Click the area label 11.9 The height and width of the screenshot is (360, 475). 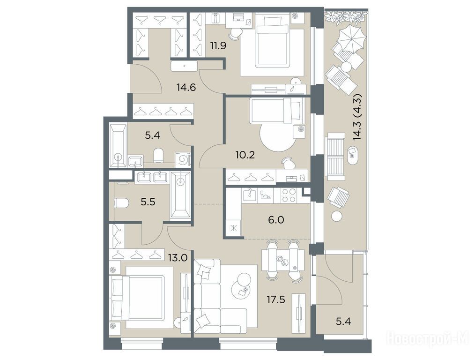(x=218, y=46)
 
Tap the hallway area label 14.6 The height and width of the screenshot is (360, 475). (x=186, y=88)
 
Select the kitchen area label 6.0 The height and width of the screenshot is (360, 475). (x=276, y=220)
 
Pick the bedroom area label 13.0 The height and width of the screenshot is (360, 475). (x=178, y=258)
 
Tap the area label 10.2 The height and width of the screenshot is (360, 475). (x=245, y=155)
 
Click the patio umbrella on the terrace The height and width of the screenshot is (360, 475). (x=351, y=38)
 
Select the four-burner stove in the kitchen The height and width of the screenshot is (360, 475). (x=289, y=195)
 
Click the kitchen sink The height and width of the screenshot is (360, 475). (x=249, y=195)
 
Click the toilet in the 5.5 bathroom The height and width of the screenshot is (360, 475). (x=121, y=202)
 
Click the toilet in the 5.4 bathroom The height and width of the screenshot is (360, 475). (x=158, y=155)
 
